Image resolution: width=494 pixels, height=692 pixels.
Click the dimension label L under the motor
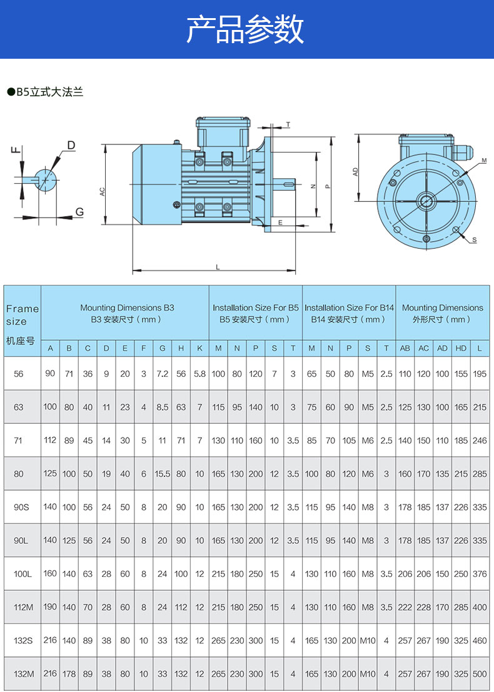coord(218,267)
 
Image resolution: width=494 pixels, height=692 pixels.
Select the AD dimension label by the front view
coord(355,171)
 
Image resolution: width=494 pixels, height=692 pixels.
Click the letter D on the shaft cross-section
coord(71,145)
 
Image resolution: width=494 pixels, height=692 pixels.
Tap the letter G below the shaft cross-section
coord(79,212)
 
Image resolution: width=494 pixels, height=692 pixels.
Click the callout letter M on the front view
coord(484,161)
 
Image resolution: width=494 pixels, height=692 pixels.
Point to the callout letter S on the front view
coord(474,240)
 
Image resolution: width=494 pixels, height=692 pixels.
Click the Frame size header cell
coord(22,315)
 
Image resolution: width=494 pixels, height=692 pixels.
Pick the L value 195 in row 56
coord(480,374)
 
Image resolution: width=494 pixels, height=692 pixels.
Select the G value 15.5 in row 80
coord(163,474)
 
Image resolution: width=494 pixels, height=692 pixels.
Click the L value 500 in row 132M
coord(480,674)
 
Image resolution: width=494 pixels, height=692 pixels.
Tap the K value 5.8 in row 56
coord(199,374)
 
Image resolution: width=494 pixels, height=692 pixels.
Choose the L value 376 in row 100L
coord(480,574)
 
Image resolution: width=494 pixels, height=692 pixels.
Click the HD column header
coord(461,348)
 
